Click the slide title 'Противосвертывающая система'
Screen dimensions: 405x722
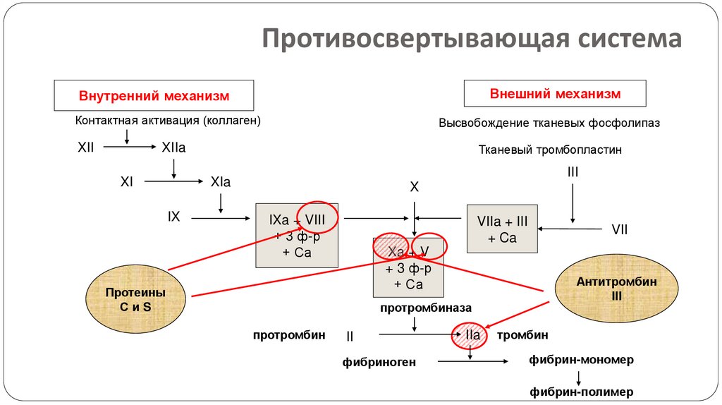472,38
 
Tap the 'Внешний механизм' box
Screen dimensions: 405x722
555,94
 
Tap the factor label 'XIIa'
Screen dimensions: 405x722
173,147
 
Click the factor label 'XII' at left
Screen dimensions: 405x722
85,147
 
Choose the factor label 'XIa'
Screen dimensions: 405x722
220,182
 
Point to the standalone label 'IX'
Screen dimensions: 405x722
173,217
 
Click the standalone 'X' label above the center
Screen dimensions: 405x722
415,187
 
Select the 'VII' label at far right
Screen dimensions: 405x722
619,229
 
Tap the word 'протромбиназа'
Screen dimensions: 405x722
415,308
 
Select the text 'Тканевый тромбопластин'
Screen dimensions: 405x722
550,150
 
